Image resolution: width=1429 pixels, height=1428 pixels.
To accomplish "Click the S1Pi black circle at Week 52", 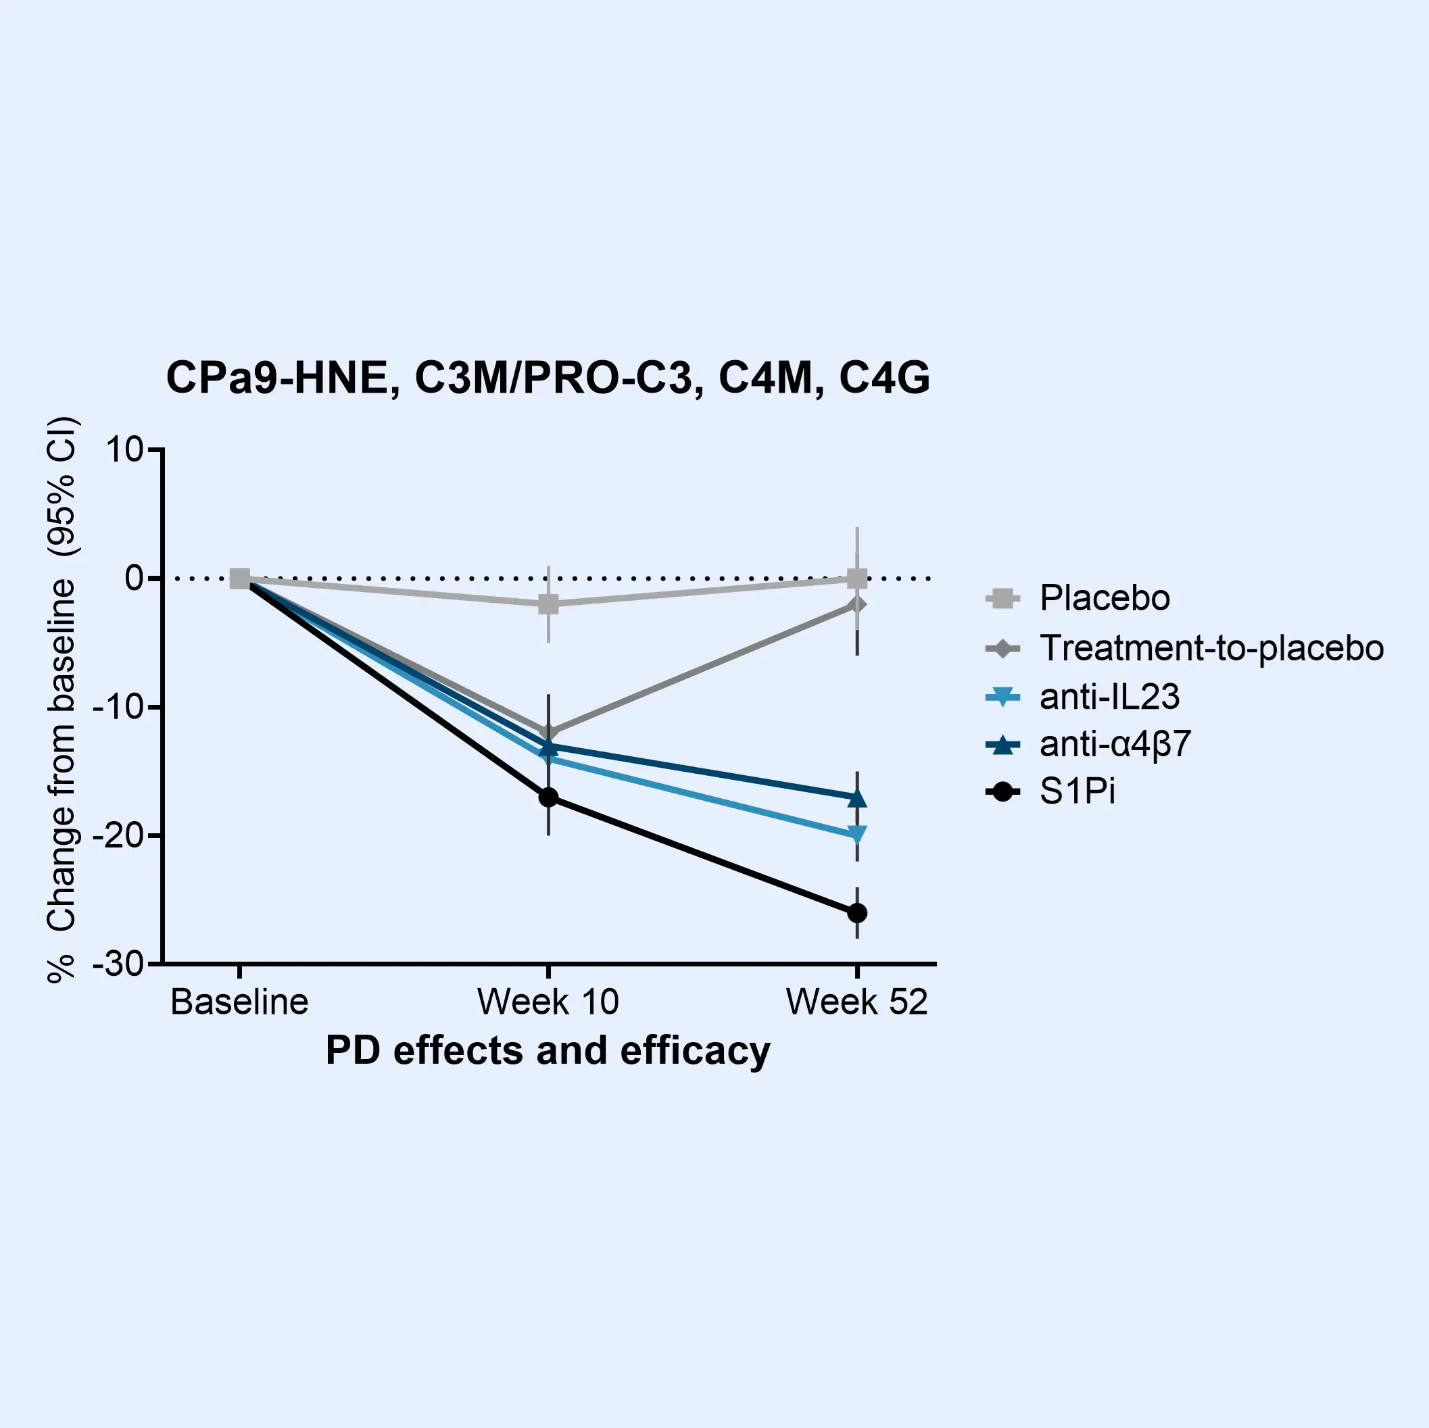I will (x=856, y=913).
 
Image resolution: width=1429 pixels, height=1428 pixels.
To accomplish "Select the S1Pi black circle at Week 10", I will (x=548, y=797).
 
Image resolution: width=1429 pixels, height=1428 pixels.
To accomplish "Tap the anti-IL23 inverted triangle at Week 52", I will (x=856, y=835).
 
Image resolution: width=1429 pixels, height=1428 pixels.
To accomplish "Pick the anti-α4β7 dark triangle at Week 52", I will (x=856, y=798).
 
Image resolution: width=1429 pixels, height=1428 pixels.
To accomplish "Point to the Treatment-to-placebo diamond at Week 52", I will (x=856, y=604).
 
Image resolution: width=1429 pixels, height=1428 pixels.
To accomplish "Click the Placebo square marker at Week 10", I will (x=548, y=604).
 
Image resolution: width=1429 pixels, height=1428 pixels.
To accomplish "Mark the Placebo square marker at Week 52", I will (x=856, y=578).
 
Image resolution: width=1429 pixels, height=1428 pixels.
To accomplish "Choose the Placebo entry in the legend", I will (x=1105, y=597).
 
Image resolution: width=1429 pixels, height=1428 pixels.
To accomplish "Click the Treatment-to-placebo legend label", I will (x=1211, y=648).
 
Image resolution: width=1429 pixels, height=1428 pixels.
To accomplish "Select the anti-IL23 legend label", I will (x=1109, y=697).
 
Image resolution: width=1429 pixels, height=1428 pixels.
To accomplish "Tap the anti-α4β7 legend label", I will (x=1115, y=744).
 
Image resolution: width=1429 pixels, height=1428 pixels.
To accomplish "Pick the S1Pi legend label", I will (x=1077, y=792).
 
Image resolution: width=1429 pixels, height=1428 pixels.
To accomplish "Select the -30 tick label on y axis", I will (x=118, y=964).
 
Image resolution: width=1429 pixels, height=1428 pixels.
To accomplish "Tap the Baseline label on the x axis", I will (x=239, y=1002).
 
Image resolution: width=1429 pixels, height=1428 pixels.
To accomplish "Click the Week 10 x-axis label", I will (x=548, y=1002).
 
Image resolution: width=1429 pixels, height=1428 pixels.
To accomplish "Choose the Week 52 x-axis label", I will (x=856, y=1002).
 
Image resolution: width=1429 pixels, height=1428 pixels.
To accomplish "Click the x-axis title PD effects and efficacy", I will (x=548, y=1050).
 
